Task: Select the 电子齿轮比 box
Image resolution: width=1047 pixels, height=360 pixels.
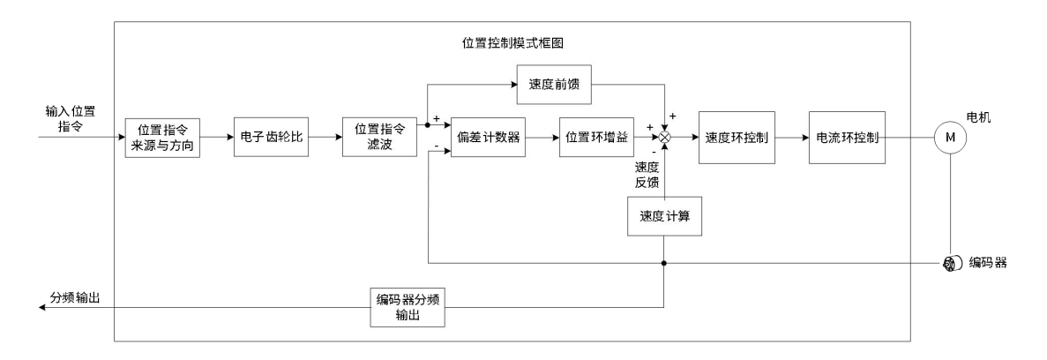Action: point(271,138)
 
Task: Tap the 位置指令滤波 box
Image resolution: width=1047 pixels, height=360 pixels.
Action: point(378,138)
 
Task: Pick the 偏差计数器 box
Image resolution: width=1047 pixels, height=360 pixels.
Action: point(488,138)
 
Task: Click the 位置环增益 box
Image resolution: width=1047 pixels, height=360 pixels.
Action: point(596,138)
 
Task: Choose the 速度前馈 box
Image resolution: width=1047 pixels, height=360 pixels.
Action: point(553,86)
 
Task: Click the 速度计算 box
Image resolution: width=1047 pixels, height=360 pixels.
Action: point(664,216)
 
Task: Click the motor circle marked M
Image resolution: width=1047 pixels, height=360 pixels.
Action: point(949,138)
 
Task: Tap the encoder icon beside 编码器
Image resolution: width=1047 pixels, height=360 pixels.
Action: point(951,262)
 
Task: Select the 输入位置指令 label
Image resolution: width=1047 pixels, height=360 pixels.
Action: point(71,120)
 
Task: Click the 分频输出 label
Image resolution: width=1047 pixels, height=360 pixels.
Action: point(74,297)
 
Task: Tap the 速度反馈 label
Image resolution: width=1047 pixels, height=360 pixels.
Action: point(647,173)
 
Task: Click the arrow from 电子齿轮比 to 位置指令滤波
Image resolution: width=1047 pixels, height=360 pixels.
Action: point(325,138)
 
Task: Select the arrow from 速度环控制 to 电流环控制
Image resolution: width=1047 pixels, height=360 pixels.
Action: point(792,138)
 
